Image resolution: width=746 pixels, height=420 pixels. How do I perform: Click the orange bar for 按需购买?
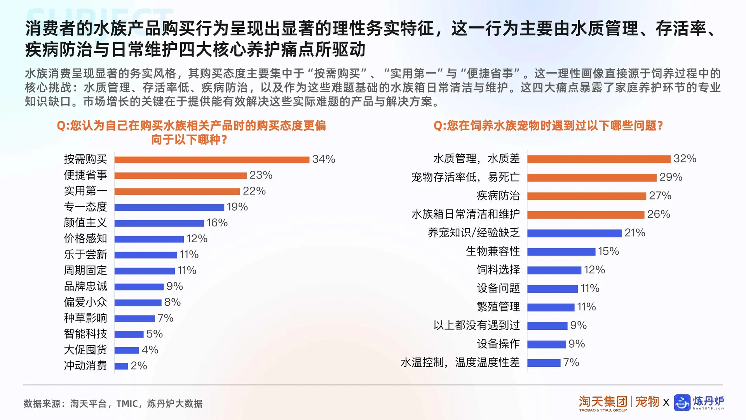pos(212,159)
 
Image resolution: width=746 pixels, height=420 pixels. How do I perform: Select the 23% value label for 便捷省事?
pos(261,175)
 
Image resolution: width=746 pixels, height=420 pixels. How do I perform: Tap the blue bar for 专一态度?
pos(169,207)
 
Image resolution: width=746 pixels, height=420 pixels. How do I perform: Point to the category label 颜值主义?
pos(85,223)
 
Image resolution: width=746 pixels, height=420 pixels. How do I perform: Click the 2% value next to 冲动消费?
pos(139,366)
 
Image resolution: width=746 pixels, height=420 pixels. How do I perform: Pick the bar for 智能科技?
pos(129,334)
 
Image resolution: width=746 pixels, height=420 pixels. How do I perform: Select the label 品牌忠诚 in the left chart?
pos(85,287)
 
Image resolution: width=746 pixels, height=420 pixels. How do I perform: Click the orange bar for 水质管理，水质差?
pos(599,159)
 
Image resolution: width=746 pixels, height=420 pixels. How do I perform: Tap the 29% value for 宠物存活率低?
pos(671,177)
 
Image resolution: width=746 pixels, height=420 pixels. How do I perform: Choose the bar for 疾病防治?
pos(587,196)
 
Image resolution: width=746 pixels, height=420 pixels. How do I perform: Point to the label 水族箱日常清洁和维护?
pos(465,214)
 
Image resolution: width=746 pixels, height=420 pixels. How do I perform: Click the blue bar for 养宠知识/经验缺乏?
pos(574,233)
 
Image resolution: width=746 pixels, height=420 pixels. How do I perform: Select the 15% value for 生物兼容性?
pos(608,252)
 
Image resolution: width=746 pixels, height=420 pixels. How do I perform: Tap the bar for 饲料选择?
pos(554,270)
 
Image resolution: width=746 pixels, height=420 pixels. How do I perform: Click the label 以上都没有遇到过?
pos(477,325)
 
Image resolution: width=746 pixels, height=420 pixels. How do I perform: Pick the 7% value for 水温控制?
pos(571,363)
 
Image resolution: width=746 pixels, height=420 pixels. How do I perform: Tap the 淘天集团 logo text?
pos(603,402)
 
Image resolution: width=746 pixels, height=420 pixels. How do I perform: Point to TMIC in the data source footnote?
pos(127,404)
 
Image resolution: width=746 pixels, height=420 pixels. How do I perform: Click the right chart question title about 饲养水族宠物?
pos(548,126)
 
